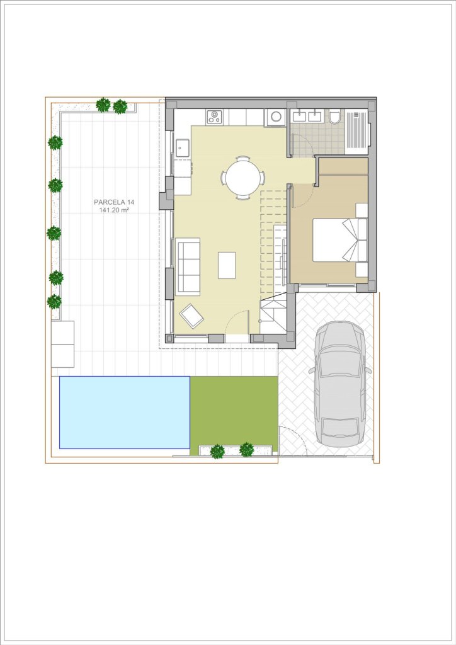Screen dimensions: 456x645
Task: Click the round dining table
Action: pos(243,178)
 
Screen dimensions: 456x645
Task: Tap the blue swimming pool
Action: pos(125,412)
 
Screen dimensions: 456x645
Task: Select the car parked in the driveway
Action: pos(340,384)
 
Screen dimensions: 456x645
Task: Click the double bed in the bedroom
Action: pos(339,240)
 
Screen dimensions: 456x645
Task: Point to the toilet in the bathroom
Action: pos(334,117)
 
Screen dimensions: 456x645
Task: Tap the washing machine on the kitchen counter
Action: pos(275,117)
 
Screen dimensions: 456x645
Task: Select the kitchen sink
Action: pos(182,147)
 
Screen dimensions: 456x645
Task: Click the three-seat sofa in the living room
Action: pos(188,266)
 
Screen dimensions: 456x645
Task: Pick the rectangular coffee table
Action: pos(227,265)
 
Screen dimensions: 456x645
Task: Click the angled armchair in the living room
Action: pos(191,316)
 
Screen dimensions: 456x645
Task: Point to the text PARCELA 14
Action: pos(114,202)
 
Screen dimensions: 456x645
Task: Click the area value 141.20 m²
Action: pos(114,210)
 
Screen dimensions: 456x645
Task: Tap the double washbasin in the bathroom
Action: pos(307,116)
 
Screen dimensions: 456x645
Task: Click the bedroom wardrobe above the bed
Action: pos(343,166)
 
